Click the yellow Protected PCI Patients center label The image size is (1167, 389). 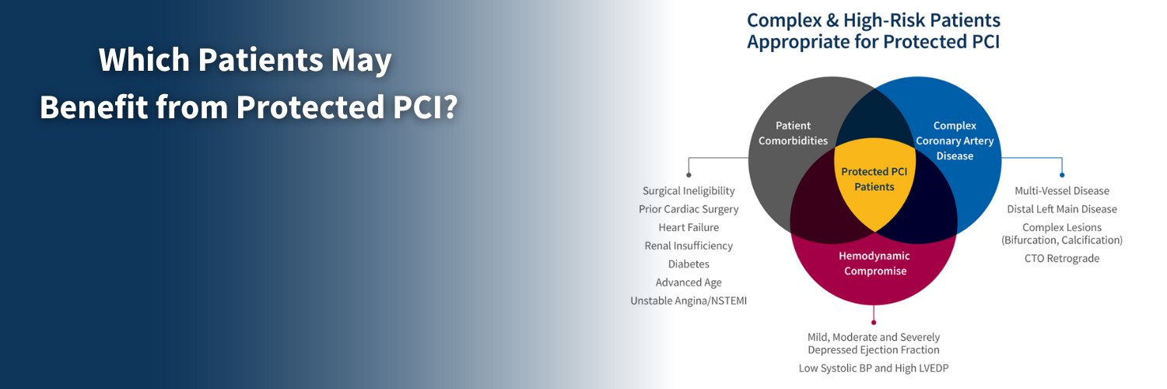tap(874, 179)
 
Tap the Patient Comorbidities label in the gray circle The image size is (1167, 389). tap(793, 133)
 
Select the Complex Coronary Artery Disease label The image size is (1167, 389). tap(955, 141)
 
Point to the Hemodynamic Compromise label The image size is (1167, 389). tap(874, 263)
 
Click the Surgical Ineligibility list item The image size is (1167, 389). tap(689, 191)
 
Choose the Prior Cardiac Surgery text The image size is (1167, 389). tap(689, 209)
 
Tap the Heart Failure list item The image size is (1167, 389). tap(689, 227)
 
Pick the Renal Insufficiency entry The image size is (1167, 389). tap(689, 246)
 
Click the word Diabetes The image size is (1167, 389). tap(689, 265)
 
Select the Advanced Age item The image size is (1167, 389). tap(689, 282)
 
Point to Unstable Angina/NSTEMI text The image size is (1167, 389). tap(689, 301)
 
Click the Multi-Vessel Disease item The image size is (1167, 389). tap(1062, 191)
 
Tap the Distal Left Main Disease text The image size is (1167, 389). tap(1062, 209)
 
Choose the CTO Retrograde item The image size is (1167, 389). tap(1062, 258)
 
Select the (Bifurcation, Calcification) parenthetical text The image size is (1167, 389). tap(1062, 240)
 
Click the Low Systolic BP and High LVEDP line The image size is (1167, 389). tap(874, 368)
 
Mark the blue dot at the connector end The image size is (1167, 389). tap(1062, 175)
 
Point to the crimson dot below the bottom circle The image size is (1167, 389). tap(874, 321)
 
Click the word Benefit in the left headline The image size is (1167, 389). tap(93, 108)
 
